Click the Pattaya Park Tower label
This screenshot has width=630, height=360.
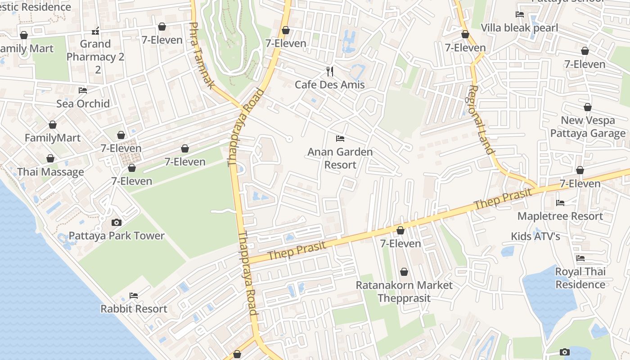point(117,236)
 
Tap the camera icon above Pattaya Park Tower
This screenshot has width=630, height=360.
point(117,222)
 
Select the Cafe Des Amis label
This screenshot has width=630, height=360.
point(330,85)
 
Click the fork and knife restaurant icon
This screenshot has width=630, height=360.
point(330,71)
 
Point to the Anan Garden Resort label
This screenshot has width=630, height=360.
point(340,158)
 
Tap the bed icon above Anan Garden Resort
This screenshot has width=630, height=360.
point(340,139)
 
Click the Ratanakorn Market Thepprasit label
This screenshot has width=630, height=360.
point(404,292)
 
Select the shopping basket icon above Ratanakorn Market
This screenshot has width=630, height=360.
point(404,272)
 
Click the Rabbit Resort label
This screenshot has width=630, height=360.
point(134,309)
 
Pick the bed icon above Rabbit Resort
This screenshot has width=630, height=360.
point(134,296)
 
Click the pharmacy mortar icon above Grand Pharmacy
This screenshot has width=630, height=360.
point(95,31)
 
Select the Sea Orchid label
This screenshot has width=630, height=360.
point(83,103)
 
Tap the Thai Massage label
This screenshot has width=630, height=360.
point(50,172)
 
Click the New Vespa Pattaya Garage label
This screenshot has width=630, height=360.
point(588,127)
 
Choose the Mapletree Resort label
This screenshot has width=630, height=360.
point(560,216)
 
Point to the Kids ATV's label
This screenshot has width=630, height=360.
point(535,236)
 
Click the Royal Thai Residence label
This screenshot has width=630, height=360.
point(580,278)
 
